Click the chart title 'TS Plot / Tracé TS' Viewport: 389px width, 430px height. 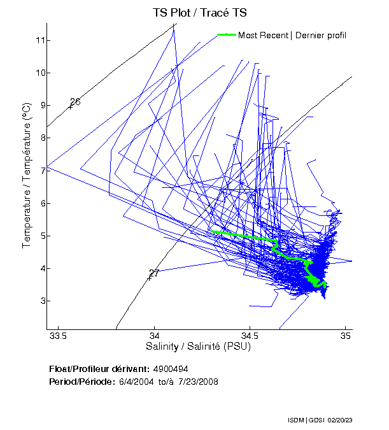(x=199, y=13)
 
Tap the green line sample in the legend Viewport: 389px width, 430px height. (x=226, y=35)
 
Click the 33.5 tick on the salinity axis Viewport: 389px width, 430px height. (x=59, y=336)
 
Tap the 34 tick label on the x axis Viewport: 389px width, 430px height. (x=155, y=336)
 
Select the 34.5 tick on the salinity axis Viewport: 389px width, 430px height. (x=250, y=336)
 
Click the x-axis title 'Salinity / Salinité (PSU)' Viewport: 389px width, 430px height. (x=199, y=347)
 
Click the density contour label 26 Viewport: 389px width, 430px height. (x=75, y=102)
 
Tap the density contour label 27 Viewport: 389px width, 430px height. (x=154, y=273)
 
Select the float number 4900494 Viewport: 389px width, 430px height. (x=171, y=369)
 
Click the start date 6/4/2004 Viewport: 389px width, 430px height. (x=135, y=382)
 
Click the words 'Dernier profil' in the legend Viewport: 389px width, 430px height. (x=320, y=35)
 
